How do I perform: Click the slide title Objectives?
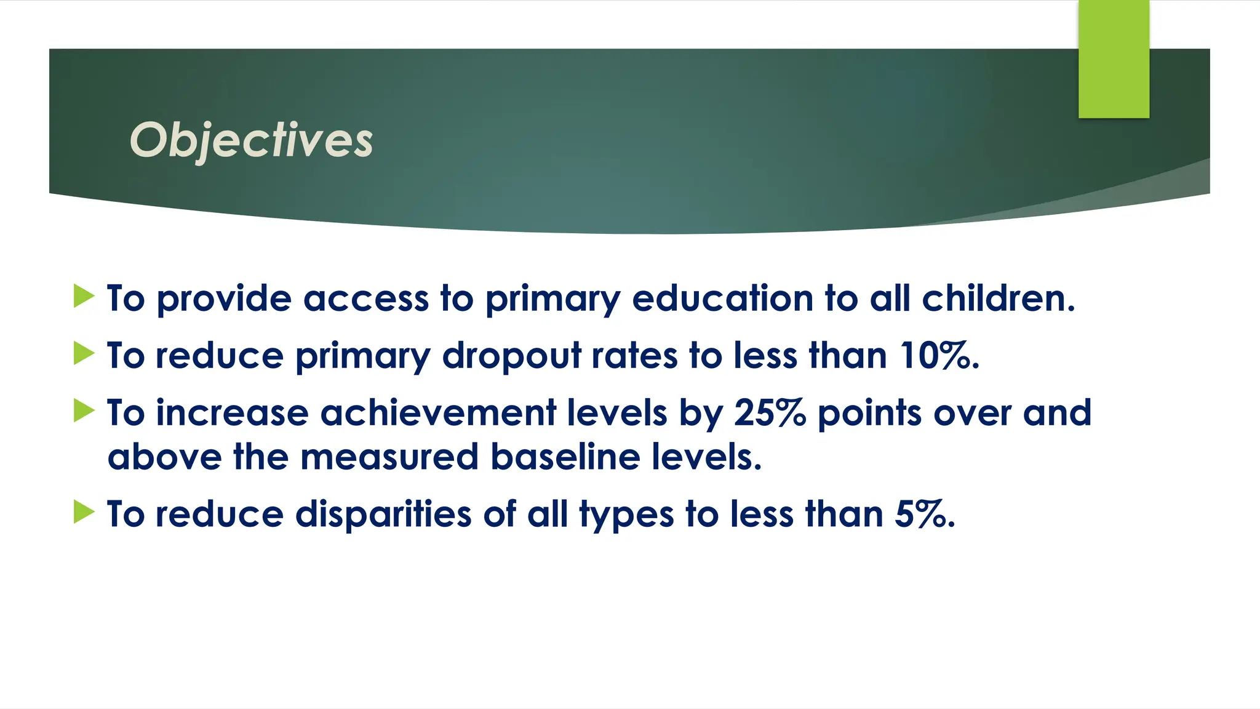pyautogui.click(x=251, y=140)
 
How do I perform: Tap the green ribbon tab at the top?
pyautogui.click(x=1114, y=59)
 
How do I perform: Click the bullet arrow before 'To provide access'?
pyautogui.click(x=84, y=296)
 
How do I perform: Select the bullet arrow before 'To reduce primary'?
pyautogui.click(x=84, y=353)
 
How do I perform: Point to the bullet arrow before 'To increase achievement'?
pyautogui.click(x=84, y=411)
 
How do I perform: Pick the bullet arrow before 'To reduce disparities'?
pyautogui.click(x=84, y=511)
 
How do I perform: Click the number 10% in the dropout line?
pyautogui.click(x=938, y=356)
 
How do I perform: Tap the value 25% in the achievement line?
pyautogui.click(x=770, y=412)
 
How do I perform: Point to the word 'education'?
pyautogui.click(x=723, y=298)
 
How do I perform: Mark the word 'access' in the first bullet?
pyautogui.click(x=365, y=300)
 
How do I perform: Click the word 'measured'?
pyautogui.click(x=389, y=457)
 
